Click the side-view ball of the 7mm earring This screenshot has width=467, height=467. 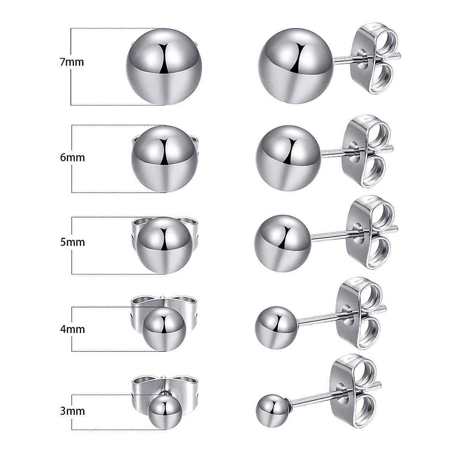[x=296, y=67]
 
